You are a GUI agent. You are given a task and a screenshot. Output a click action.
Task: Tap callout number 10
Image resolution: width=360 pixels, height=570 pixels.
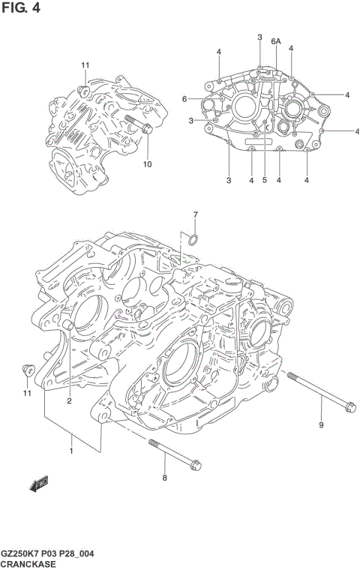click(x=147, y=163)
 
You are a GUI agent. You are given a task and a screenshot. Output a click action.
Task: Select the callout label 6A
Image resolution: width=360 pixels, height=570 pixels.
click(x=275, y=41)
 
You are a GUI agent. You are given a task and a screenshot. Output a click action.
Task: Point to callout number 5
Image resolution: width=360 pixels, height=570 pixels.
click(x=264, y=180)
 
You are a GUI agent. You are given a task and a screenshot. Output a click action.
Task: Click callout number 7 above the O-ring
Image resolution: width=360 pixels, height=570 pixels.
click(x=195, y=216)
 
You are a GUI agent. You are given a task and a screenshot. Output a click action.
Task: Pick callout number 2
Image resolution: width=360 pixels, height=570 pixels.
click(x=68, y=400)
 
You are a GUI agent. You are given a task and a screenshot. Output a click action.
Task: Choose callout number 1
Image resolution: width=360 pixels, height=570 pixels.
click(x=72, y=451)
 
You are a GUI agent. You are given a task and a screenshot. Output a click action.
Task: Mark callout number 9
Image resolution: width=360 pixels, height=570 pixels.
click(x=322, y=426)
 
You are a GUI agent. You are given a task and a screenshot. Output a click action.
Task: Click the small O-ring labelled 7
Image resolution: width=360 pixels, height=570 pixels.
click(x=192, y=240)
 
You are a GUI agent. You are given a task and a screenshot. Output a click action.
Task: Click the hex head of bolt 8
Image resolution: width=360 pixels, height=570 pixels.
click(x=193, y=464)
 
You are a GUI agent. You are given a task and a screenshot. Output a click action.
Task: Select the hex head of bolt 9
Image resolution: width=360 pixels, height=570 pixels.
click(x=347, y=409)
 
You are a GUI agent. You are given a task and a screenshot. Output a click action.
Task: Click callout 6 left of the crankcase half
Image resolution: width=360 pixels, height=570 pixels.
click(x=184, y=99)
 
